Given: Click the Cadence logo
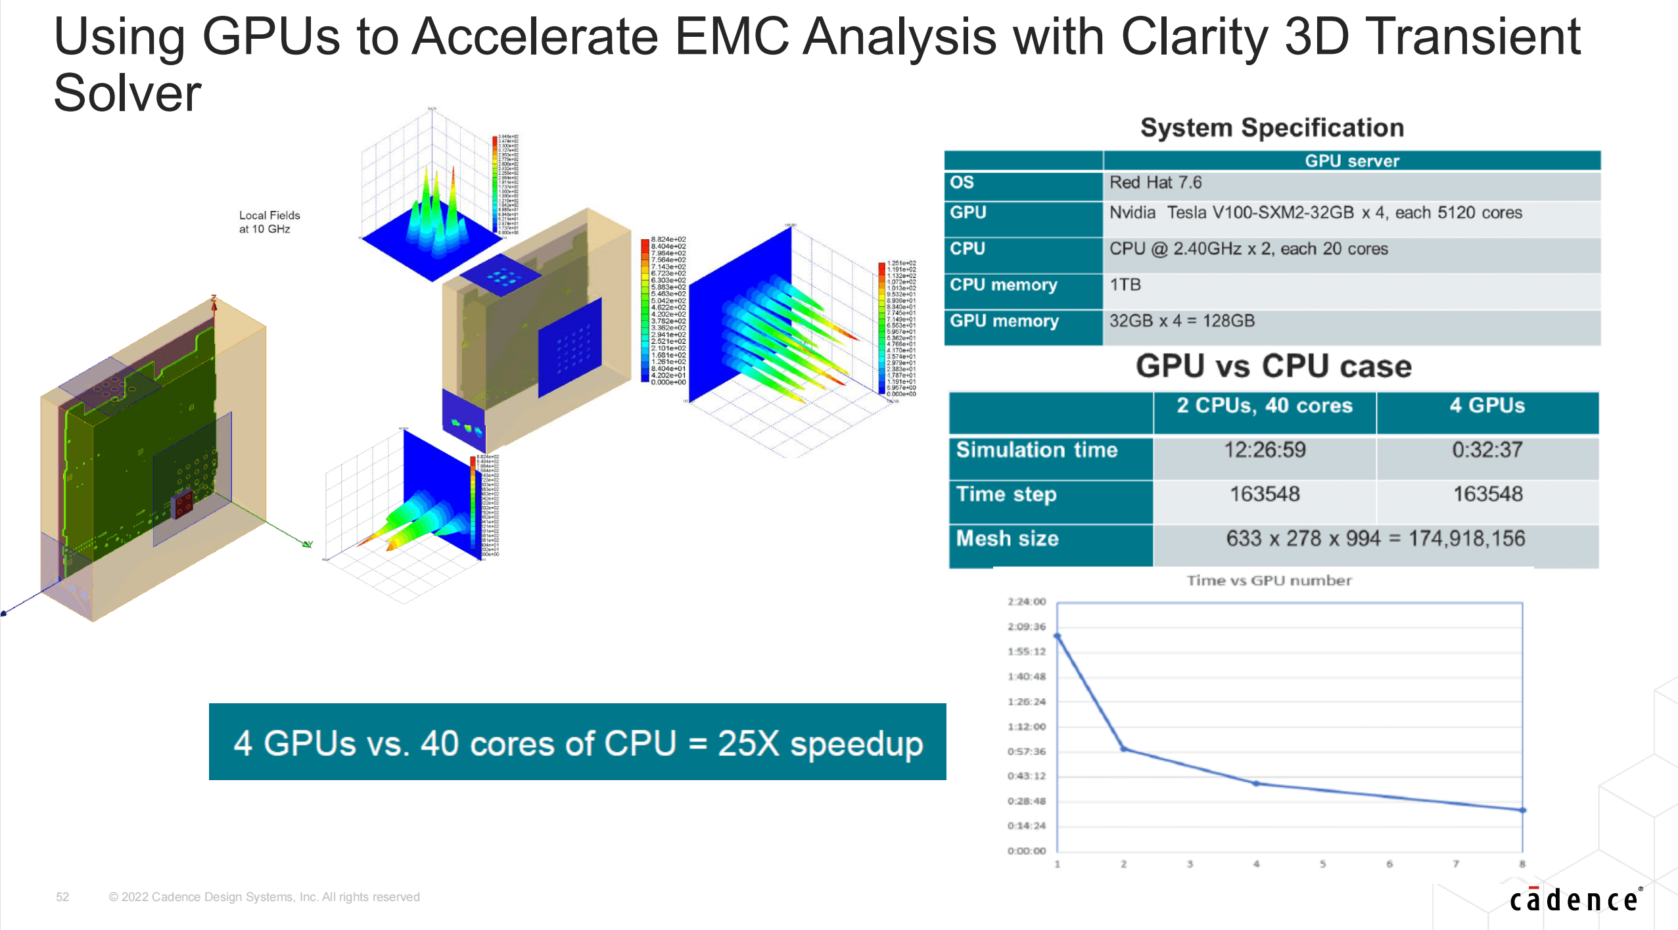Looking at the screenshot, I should (x=1574, y=900).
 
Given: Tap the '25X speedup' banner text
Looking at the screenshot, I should (x=578, y=743).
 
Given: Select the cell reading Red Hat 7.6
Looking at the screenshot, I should (x=1155, y=183).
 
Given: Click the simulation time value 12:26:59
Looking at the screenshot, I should (x=1264, y=450).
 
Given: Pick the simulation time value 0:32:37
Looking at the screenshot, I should (x=1487, y=450).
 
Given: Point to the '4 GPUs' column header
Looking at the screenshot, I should (x=1487, y=406).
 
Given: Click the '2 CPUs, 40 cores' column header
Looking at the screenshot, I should (x=1264, y=406).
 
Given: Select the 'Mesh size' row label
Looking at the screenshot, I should (x=1007, y=539).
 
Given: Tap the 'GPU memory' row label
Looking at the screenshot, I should (x=1004, y=321).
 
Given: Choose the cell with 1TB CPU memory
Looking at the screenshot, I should (x=1125, y=285).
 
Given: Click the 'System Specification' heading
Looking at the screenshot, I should (x=1272, y=128).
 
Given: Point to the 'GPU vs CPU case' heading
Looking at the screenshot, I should (x=1273, y=366).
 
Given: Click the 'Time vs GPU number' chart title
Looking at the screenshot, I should (x=1269, y=580).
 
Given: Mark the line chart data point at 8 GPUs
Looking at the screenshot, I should (x=1522, y=810).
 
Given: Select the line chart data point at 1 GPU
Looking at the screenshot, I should (x=1058, y=636).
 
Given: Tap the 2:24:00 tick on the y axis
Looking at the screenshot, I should (x=1026, y=602).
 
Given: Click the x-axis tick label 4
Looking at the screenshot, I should (x=1256, y=864).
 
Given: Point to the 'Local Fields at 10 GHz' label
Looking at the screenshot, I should (x=269, y=222).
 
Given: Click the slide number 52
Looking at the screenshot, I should (x=62, y=897).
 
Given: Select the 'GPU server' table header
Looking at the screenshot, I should (x=1351, y=161).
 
